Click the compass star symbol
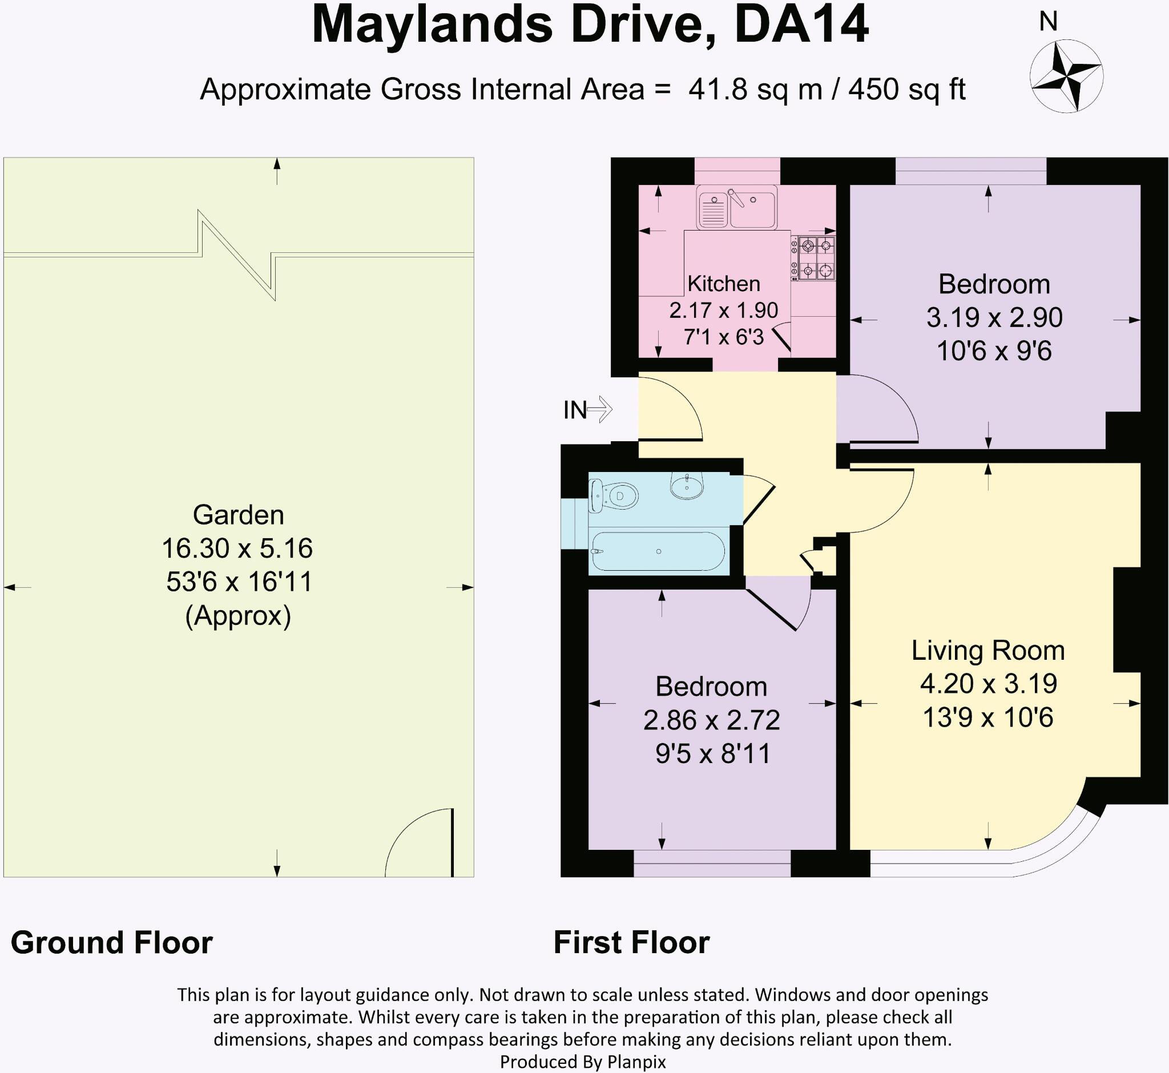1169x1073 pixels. coord(1066,75)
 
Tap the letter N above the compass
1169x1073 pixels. coord(1048,22)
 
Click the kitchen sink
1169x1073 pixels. coord(736,207)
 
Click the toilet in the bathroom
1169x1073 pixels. coord(613,497)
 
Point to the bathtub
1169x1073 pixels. coord(657,551)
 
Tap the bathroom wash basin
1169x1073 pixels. coord(687,485)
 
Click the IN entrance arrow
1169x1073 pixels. coord(599,409)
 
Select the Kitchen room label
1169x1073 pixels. coord(724,283)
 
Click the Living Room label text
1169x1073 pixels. coord(988,650)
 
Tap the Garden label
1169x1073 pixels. coord(238,515)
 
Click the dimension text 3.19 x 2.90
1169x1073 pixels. coord(994,317)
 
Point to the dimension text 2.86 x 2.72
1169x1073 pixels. coord(711,720)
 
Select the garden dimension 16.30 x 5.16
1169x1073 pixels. coord(237,548)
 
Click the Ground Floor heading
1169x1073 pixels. coord(111,942)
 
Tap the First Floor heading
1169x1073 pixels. coord(631,942)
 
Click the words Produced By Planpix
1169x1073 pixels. coord(582,1062)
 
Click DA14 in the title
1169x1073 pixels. coord(801,26)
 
